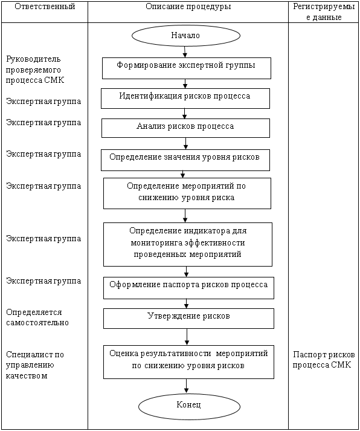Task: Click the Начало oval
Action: (186, 36)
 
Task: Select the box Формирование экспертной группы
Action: (187, 68)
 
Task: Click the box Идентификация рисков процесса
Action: (185, 99)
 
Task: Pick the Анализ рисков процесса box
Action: (185, 128)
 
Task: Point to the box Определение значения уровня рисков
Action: (185, 160)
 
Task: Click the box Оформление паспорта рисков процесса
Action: (188, 288)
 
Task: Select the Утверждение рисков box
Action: (188, 319)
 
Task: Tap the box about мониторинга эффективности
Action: (188, 244)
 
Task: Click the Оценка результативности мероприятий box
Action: (188, 362)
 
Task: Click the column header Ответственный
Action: (45, 7)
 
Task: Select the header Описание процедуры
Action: (188, 7)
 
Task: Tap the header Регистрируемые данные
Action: (324, 12)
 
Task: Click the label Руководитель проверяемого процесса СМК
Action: (35, 70)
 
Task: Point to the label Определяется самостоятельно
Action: (37, 317)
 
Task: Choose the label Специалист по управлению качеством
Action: (35, 365)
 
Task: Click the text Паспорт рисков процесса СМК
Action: (324, 360)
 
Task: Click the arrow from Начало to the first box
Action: (185, 52)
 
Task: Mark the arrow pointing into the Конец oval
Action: (187, 386)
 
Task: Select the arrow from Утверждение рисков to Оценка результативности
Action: (187, 337)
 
